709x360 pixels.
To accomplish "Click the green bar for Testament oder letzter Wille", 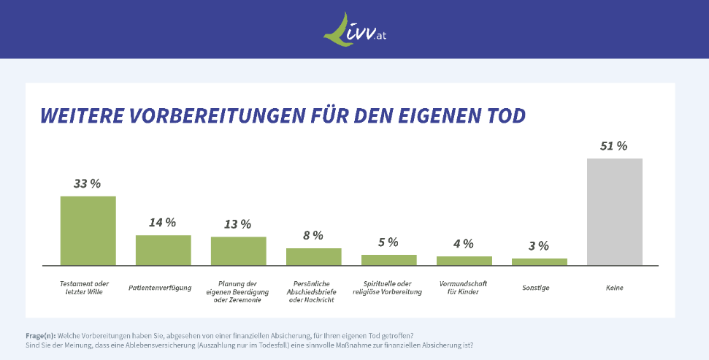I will (x=88, y=230).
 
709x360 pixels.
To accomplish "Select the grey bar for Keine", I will (x=615, y=212).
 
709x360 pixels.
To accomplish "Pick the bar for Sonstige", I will (x=539, y=261).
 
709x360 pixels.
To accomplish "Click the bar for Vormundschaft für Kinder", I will (x=464, y=261).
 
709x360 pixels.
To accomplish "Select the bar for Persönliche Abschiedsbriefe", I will (x=313, y=256).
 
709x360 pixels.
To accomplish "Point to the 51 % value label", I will (x=613, y=145).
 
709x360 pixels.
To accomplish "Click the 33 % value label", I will (x=87, y=183).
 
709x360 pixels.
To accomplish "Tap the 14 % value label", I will (x=162, y=223).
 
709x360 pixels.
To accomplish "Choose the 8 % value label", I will (x=313, y=235).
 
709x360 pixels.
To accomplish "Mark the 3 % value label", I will (x=539, y=246).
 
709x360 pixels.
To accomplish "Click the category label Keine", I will (x=614, y=288).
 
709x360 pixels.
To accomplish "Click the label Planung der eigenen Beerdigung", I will (x=238, y=288).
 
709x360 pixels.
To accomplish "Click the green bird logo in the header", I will (x=337, y=29).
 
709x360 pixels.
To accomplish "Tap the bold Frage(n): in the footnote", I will (x=41, y=335).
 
